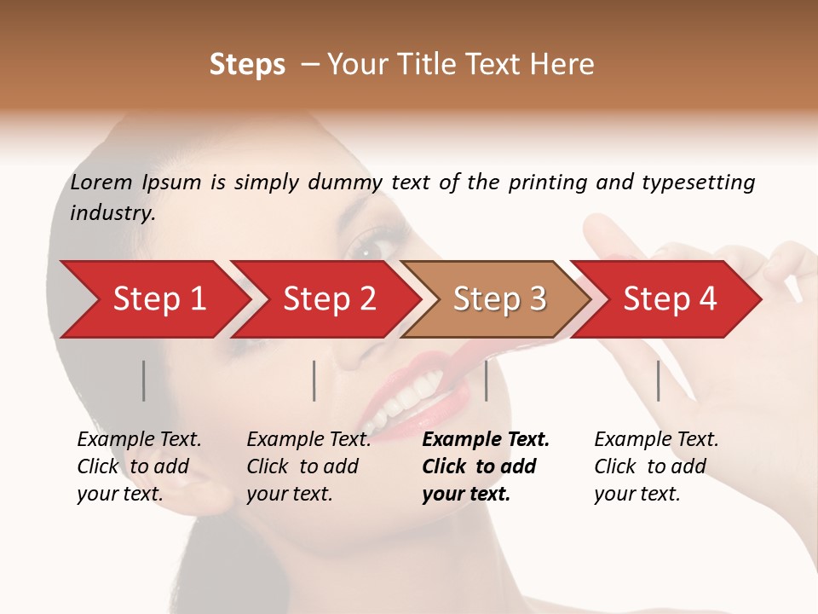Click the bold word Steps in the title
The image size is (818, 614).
(247, 65)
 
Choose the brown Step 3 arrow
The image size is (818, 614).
(499, 298)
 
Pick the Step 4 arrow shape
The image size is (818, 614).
(670, 298)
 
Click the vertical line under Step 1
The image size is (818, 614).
(143, 380)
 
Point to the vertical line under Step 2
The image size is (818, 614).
(314, 380)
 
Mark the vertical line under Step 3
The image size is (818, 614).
(486, 380)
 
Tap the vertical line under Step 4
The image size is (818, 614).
(658, 380)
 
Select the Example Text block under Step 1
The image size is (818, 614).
(139, 466)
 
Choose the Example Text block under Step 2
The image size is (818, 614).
(308, 466)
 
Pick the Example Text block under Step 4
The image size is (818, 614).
(656, 466)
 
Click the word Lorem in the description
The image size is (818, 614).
(101, 182)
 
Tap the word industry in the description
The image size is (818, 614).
(112, 212)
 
